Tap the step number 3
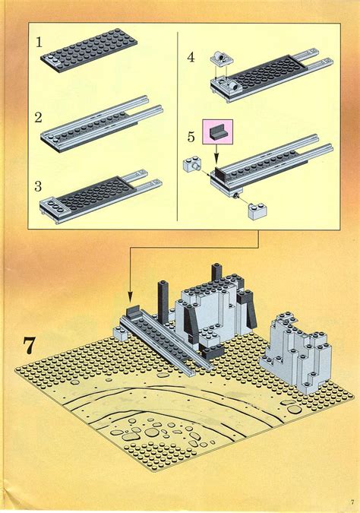click(x=38, y=185)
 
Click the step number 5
click(x=191, y=137)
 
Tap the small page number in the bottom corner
click(x=352, y=501)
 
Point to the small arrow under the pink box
click(x=217, y=156)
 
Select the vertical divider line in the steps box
click(x=176, y=129)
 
